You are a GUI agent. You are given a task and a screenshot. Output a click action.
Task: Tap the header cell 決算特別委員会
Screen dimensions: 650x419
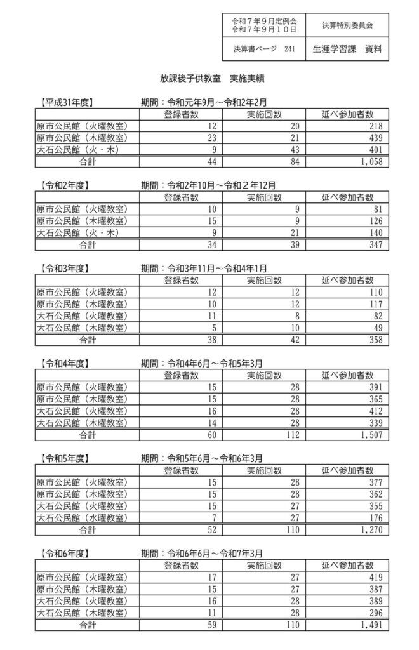(347, 25)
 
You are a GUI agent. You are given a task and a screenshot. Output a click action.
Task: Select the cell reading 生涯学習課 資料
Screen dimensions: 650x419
(347, 49)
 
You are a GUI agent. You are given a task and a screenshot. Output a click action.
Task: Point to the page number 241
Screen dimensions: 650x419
(289, 49)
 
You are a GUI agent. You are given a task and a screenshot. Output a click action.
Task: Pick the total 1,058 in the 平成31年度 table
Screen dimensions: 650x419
(368, 162)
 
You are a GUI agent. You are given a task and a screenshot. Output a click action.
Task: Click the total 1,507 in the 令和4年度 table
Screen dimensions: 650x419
(368, 435)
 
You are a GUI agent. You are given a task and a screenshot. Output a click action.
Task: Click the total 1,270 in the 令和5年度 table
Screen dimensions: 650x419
(368, 529)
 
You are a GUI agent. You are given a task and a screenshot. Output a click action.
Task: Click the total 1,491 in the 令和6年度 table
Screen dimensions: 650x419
(368, 625)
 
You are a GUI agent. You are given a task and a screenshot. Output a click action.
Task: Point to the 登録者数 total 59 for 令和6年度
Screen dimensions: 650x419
(212, 625)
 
